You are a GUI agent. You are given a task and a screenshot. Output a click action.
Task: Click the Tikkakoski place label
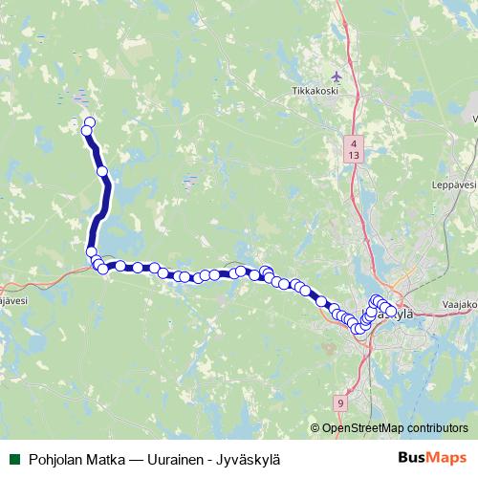point(316,93)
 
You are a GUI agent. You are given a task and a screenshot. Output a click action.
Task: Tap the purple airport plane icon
point(335,76)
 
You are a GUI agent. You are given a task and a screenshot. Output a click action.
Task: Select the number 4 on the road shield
point(354,141)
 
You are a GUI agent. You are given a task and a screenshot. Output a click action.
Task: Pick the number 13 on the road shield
point(354,153)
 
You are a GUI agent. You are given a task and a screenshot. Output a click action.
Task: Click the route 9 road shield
point(341,404)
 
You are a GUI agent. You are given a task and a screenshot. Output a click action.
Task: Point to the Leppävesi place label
point(453,184)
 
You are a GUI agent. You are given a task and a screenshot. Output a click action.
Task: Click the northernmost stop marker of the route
point(89,122)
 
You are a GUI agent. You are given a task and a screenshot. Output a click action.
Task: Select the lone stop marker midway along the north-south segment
point(103,171)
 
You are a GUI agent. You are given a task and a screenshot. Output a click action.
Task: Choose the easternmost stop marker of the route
point(391,311)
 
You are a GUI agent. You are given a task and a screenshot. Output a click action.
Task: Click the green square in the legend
point(13,458)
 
